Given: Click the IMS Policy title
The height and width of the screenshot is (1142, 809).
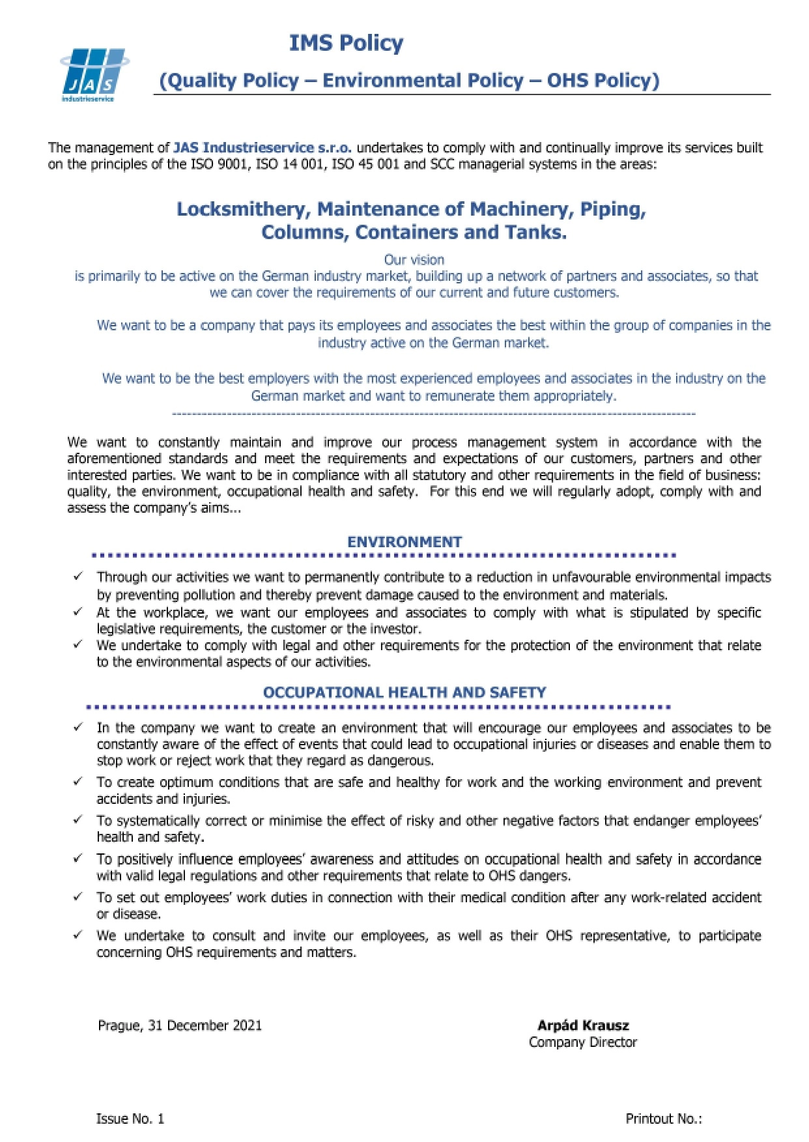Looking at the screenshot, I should (x=346, y=43).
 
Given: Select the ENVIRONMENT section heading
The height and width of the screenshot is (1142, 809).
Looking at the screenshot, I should (x=404, y=542).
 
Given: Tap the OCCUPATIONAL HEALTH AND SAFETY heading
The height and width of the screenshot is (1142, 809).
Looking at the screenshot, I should (x=404, y=692).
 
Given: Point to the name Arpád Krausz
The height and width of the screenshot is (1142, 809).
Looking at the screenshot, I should (x=583, y=1025).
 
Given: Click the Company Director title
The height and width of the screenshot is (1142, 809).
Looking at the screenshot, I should (x=583, y=1042).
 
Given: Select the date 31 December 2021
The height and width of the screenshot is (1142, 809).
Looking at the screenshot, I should (x=205, y=1025).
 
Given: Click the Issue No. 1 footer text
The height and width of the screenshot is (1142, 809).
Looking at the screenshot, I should (x=130, y=1119).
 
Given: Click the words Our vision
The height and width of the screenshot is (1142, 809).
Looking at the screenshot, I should (x=414, y=260).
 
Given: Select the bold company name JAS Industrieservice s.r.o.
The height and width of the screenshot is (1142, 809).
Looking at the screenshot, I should (x=263, y=148).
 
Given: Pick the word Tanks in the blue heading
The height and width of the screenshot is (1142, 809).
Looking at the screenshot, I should (x=543, y=233).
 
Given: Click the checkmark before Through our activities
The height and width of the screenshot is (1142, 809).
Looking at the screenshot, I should (x=78, y=577).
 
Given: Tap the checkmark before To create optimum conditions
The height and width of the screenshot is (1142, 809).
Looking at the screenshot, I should (x=78, y=781).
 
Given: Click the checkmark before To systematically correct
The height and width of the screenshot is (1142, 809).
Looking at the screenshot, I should (x=78, y=820).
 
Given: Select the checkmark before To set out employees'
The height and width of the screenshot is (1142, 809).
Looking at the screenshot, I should (x=78, y=896).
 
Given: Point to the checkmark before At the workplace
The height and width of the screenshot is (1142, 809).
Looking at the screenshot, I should (x=78, y=612).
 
